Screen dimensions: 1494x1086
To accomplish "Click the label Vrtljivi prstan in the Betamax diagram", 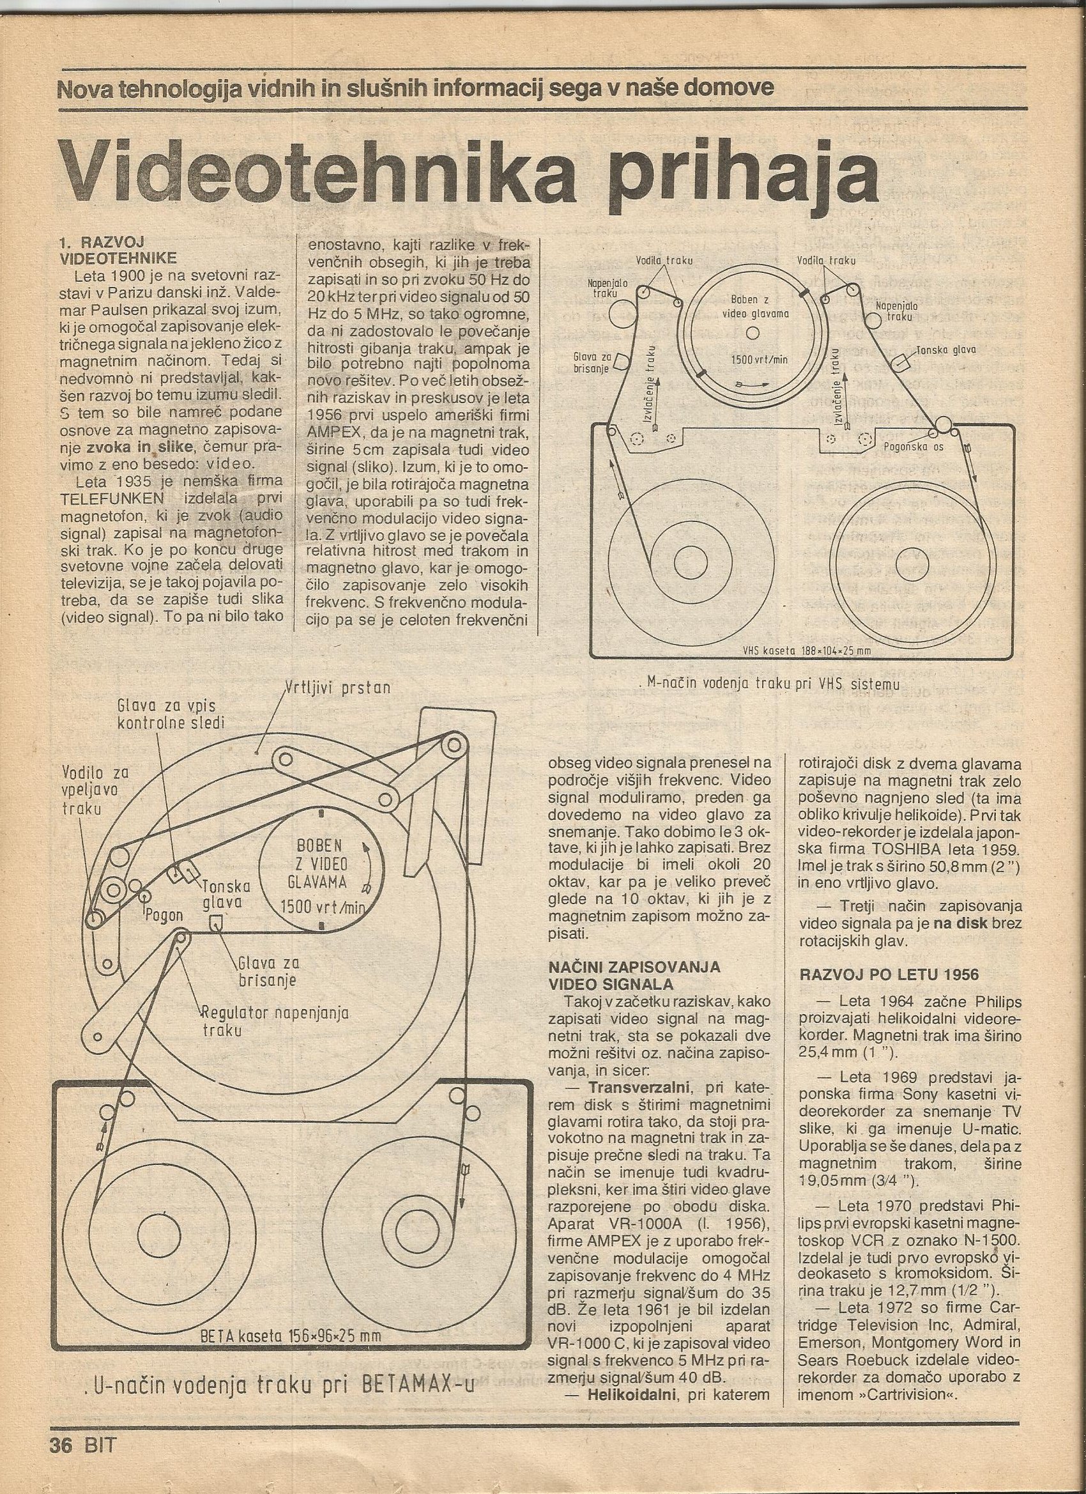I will pyautogui.click(x=338, y=688).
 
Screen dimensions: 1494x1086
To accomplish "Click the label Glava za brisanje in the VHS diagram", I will pyautogui.click(x=592, y=362).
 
